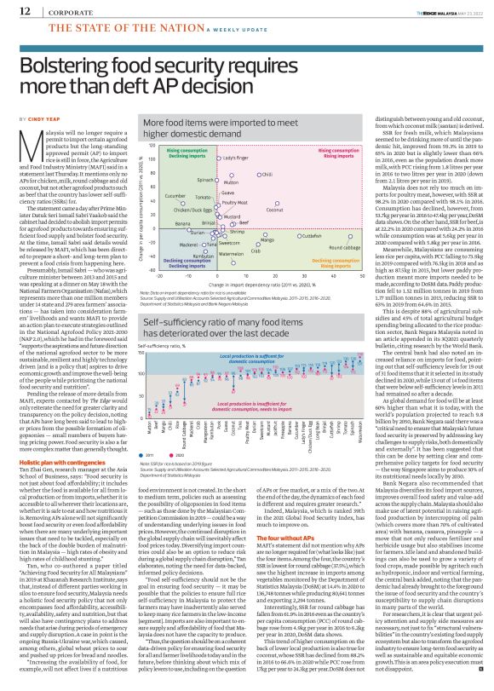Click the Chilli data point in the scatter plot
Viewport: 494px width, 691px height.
coord(258,174)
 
